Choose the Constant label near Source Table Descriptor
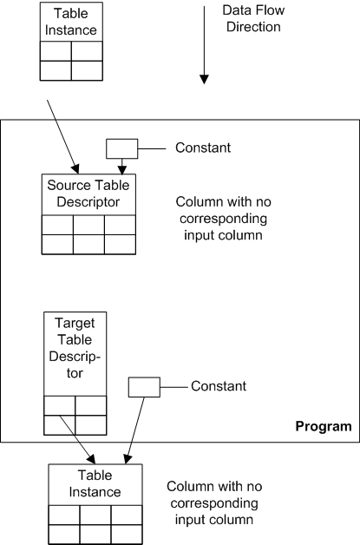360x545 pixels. click(x=203, y=148)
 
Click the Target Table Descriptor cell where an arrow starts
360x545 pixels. click(x=60, y=424)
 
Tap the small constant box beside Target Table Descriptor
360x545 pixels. click(x=143, y=386)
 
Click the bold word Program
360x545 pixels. click(x=323, y=426)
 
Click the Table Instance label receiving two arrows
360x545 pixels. click(x=95, y=483)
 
